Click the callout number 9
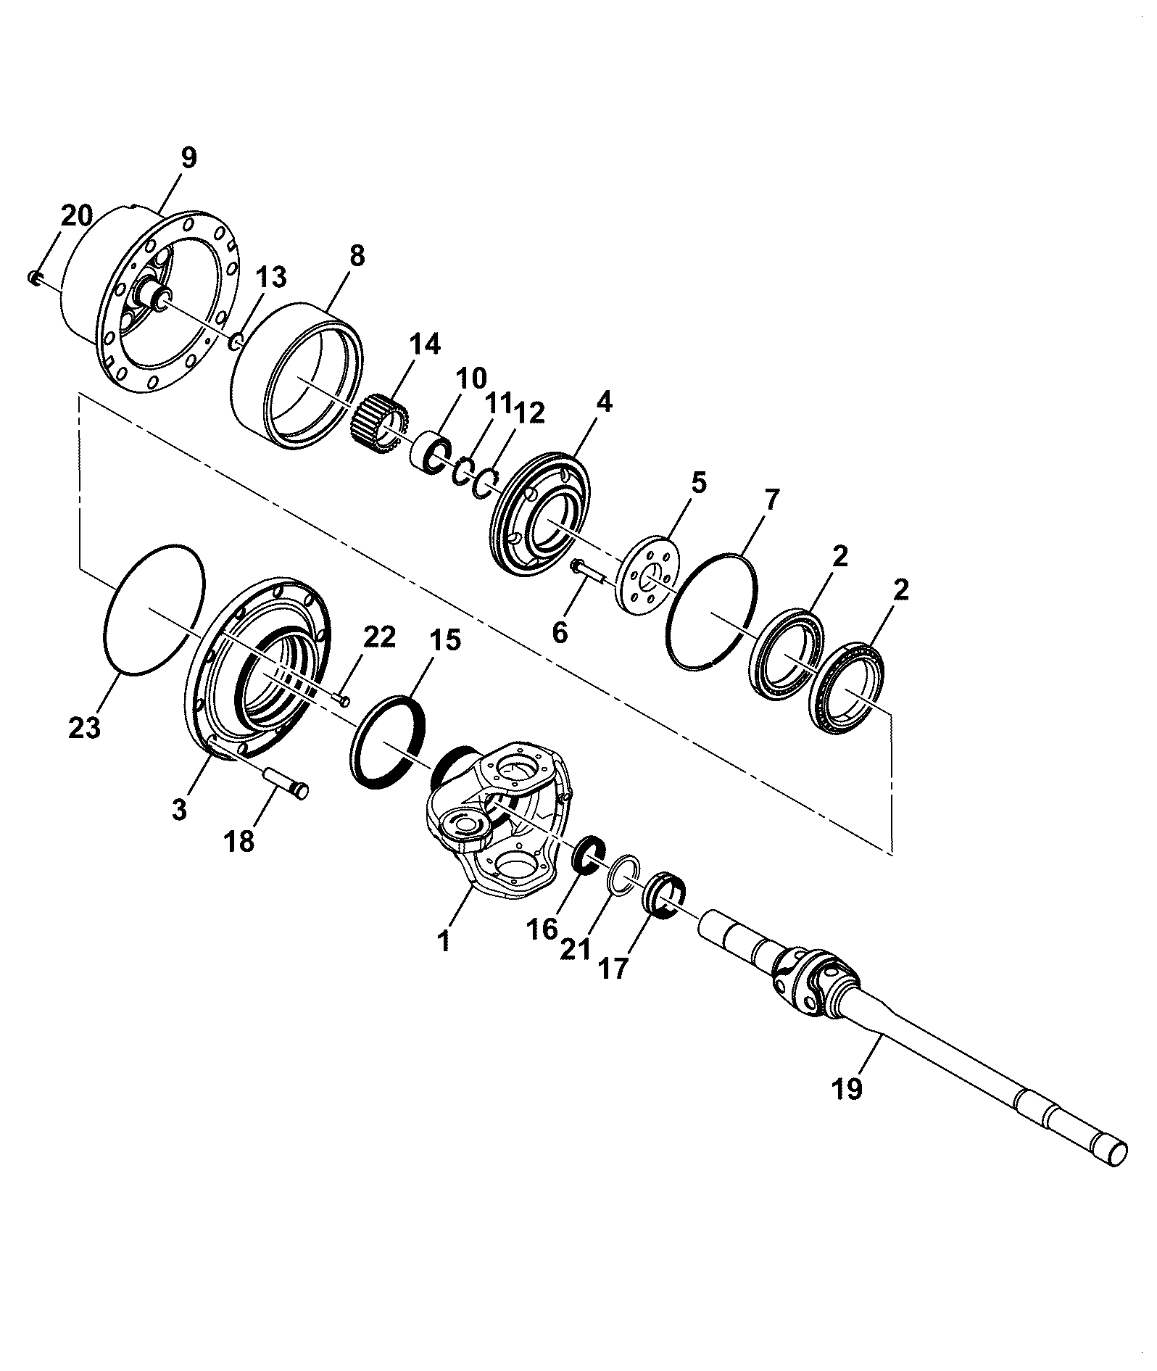click(x=188, y=159)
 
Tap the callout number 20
click(x=76, y=215)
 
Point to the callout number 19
click(x=847, y=1109)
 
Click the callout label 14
click(x=424, y=344)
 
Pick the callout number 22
click(x=379, y=637)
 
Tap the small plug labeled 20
click(x=33, y=278)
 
